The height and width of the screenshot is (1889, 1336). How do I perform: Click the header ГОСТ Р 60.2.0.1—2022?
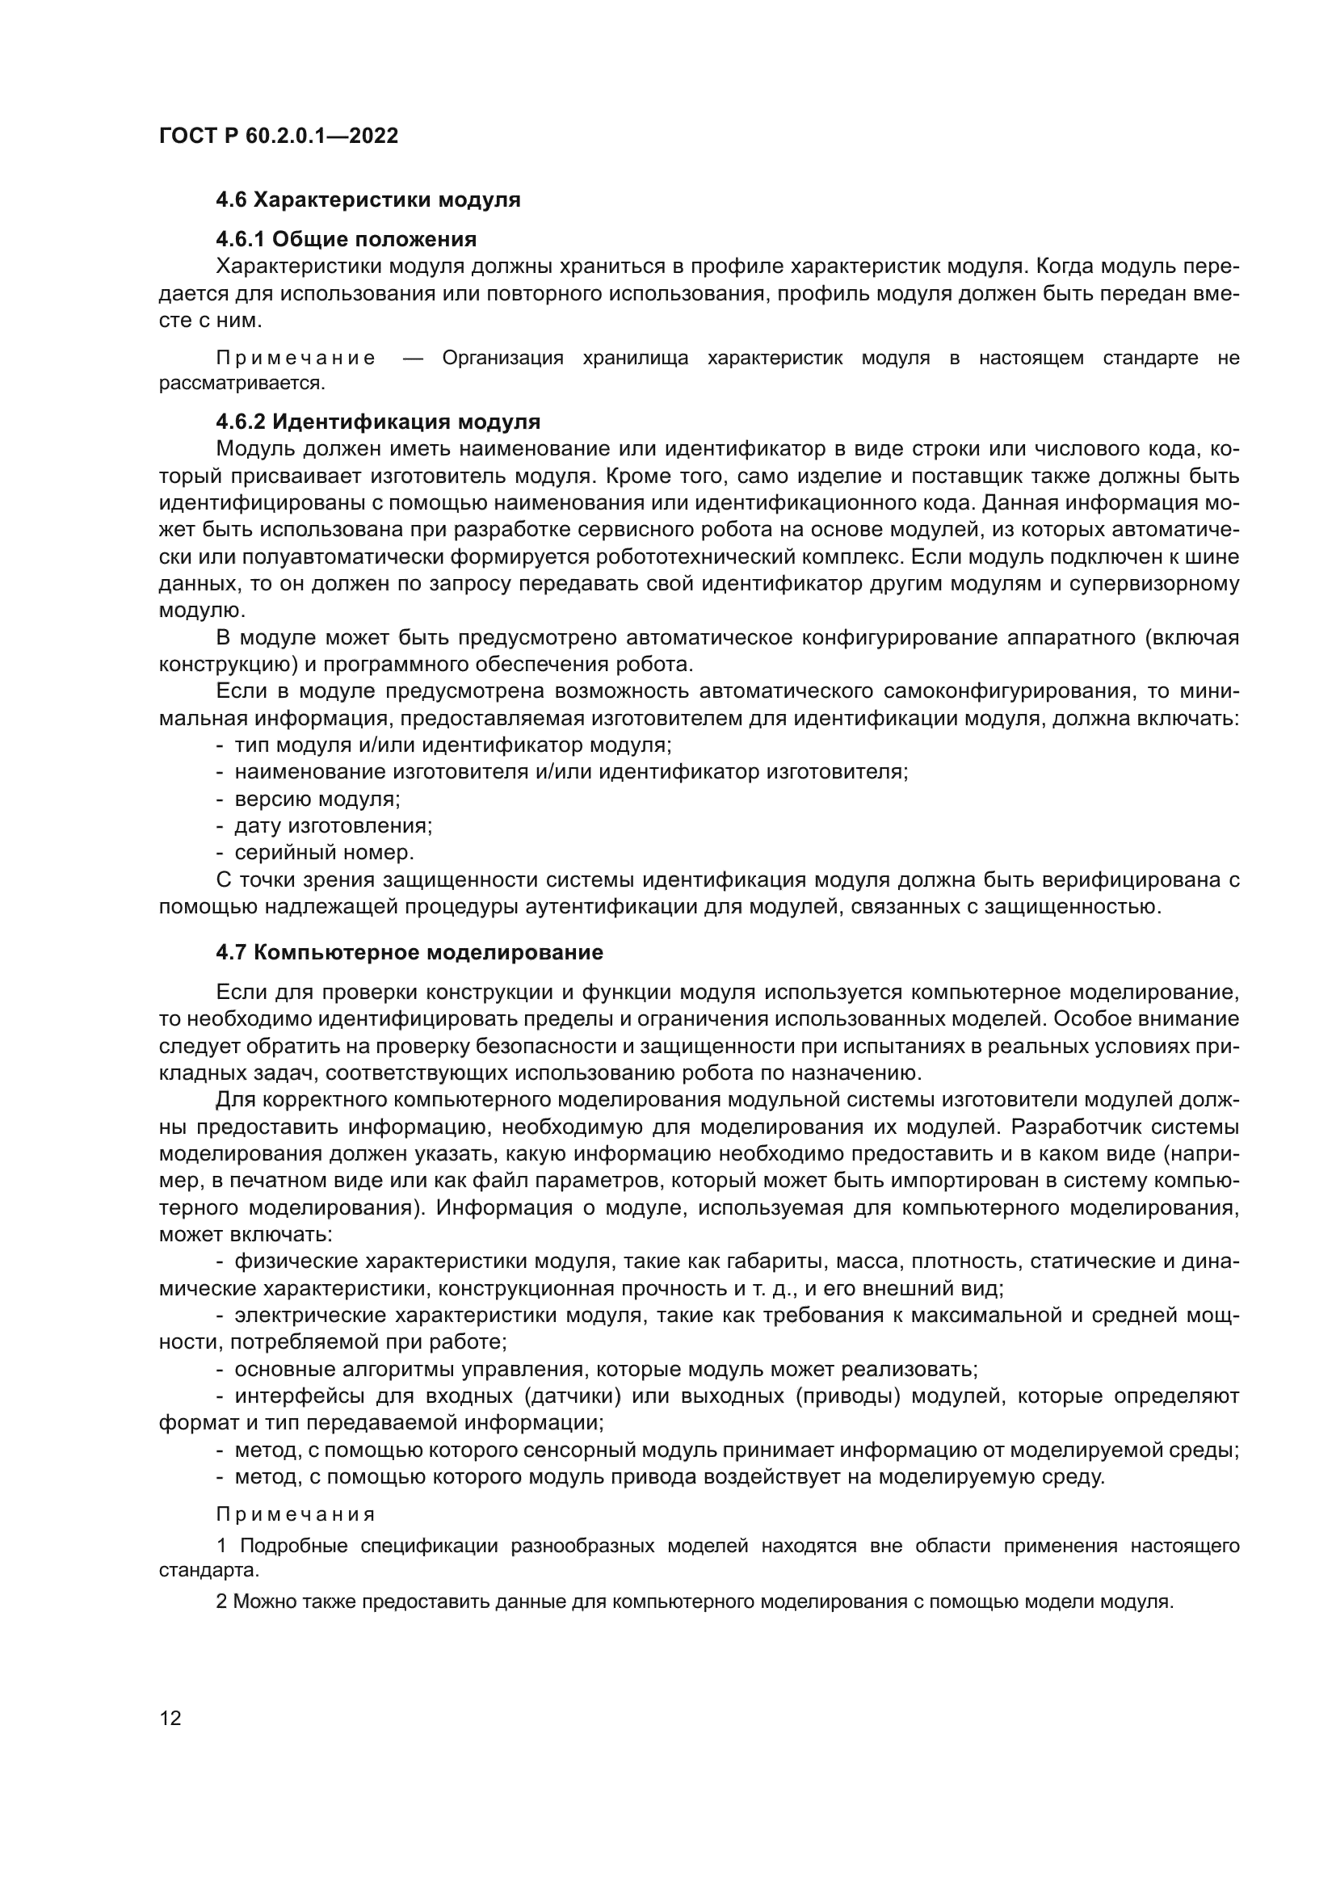tap(278, 136)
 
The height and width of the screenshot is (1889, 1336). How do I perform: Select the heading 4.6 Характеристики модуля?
tap(368, 200)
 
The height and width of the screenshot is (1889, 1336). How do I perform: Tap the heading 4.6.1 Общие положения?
tap(346, 239)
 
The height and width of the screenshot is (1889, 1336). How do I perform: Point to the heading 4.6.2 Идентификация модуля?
tap(377, 422)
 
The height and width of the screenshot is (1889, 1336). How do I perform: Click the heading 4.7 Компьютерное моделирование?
tap(409, 953)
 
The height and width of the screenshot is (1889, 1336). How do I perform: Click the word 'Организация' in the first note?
tap(502, 358)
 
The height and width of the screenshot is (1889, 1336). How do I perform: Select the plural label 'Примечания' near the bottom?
tap(296, 1514)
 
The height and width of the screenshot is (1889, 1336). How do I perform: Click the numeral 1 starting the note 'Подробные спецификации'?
tap(221, 1547)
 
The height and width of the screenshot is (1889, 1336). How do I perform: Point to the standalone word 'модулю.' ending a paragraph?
tap(202, 611)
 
